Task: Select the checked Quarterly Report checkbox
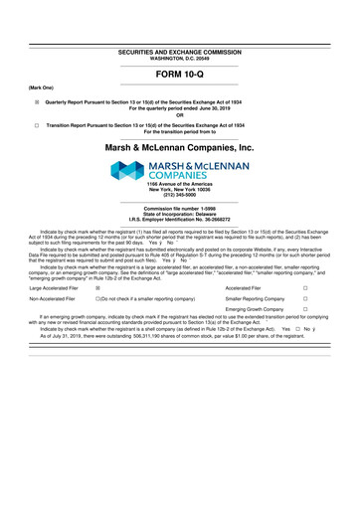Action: click(x=37, y=101)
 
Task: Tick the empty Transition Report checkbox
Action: click(x=37, y=125)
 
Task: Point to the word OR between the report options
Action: click(x=180, y=113)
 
